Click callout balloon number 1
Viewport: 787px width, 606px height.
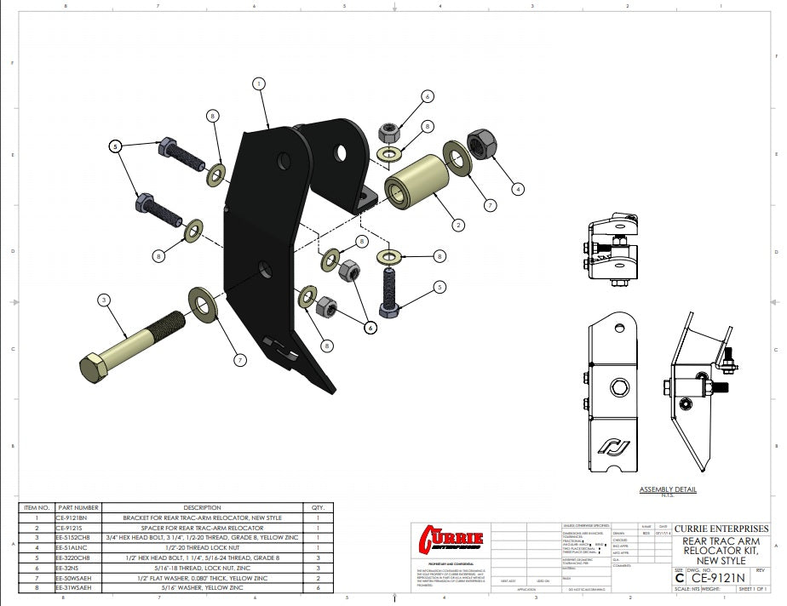point(258,83)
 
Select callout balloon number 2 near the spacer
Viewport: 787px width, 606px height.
point(459,226)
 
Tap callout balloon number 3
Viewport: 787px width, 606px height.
point(103,300)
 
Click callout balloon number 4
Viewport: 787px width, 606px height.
point(519,188)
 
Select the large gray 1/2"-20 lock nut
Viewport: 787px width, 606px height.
point(481,141)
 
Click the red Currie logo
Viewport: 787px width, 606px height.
point(451,538)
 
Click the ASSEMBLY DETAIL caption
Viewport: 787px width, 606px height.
point(668,489)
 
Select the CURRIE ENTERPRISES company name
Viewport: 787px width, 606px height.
point(721,529)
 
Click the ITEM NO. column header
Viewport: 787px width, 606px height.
point(36,507)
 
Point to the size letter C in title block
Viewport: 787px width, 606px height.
point(679,577)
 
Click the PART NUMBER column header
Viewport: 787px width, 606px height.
point(78,507)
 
